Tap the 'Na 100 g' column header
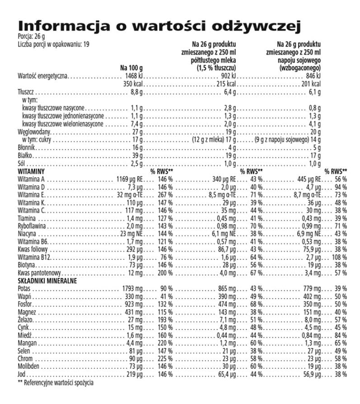point(131,68)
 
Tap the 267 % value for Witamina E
point(164,195)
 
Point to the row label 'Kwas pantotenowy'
point(38,274)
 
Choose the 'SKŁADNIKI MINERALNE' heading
point(47,281)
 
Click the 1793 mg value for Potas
point(133,289)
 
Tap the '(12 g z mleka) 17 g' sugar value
point(212,140)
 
